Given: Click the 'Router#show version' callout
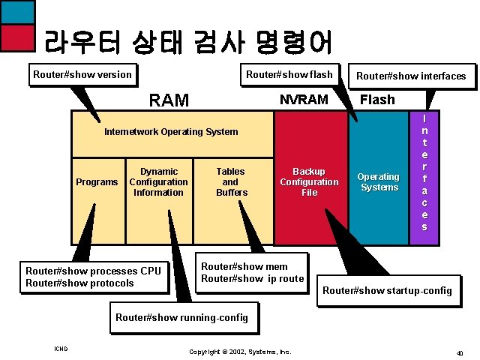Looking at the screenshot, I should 82,74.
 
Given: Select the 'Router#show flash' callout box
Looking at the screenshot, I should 289,73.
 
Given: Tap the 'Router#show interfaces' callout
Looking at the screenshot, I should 411,75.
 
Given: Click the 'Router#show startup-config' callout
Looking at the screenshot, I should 387,290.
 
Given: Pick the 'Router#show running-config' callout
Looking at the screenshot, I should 181,317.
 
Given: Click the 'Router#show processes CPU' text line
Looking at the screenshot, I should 93,271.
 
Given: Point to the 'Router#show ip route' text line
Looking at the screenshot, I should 253,278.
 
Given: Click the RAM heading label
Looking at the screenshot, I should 169,100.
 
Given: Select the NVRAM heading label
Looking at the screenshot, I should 304,99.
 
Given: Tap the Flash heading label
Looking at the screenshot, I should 377,99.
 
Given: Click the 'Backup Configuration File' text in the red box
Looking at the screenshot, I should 309,182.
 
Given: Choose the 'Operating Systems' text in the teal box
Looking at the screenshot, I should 379,182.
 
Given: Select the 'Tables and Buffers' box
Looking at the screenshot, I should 231,182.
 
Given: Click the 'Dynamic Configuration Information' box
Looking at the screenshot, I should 158,182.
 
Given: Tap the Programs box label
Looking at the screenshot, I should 97,182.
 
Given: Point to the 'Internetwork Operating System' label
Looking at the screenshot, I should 171,132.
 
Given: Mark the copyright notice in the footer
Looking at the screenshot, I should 240,351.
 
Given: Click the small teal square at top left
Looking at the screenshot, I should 18,11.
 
